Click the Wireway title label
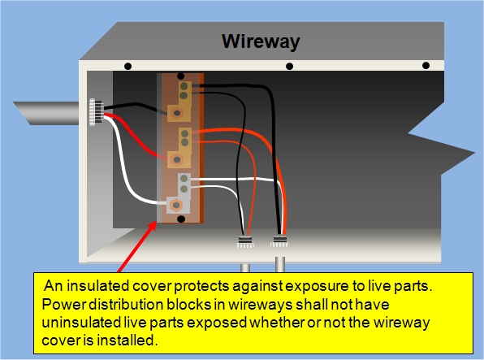click(261, 41)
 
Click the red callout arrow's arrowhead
click(152, 227)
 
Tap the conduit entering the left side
click(46, 114)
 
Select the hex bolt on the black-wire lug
click(177, 113)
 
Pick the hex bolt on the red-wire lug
click(177, 160)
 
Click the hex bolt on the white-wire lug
click(176, 205)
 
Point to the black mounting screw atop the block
click(180, 76)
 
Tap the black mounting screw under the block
click(181, 219)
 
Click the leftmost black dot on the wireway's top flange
click(127, 66)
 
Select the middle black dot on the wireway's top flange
click(290, 66)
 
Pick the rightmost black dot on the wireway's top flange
click(426, 66)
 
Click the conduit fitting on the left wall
click(96, 112)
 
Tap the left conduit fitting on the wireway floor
click(245, 242)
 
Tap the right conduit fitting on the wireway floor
click(279, 241)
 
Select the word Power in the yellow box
click(63, 305)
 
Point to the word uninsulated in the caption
click(81, 323)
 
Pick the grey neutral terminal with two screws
click(184, 186)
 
